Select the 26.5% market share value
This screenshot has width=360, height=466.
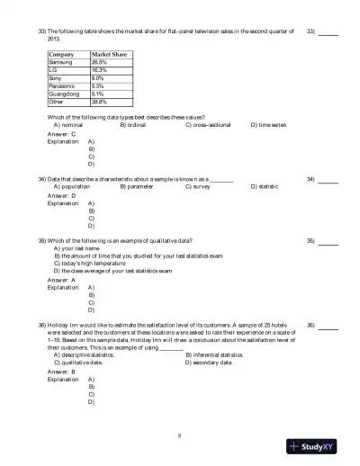[99, 62]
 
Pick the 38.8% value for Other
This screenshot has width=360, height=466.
[99, 100]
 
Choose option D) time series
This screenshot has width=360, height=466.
[268, 125]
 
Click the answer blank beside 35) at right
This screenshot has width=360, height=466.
[328, 242]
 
